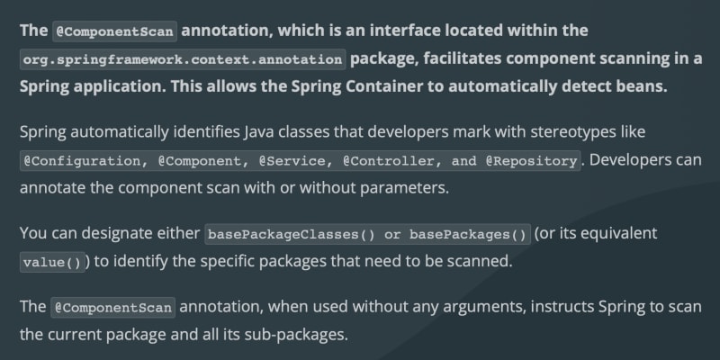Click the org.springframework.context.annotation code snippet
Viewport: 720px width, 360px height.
(183, 59)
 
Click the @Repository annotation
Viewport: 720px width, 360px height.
(531, 161)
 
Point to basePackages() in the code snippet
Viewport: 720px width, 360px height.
(468, 235)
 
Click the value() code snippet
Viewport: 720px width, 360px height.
(52, 262)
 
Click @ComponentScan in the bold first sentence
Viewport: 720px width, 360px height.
(114, 31)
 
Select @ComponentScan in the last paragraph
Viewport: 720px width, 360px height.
(113, 308)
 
